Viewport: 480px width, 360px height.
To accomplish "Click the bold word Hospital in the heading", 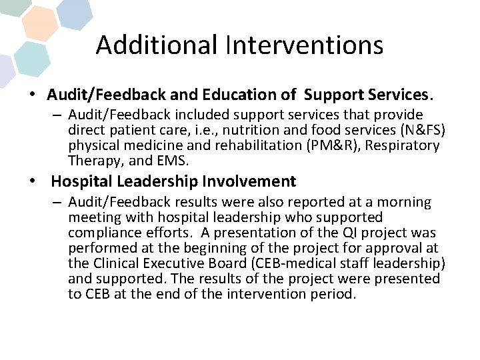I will click(77, 181).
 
